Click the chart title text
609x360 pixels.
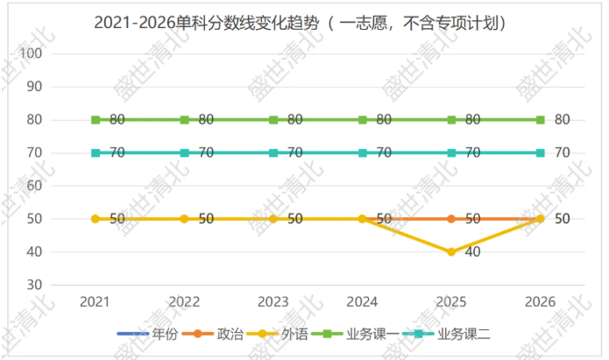(300, 24)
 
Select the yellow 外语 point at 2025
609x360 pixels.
(451, 252)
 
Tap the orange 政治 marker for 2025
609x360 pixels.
(451, 219)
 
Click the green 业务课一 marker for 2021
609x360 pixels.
(96, 120)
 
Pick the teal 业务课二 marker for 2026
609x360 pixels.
(541, 153)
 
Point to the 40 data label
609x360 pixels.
(472, 252)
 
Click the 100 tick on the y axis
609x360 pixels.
(31, 53)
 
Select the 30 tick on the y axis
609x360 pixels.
(34, 285)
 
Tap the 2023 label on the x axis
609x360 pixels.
(273, 302)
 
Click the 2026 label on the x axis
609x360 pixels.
(541, 302)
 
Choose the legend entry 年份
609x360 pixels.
(148, 334)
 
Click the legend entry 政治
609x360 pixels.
(213, 334)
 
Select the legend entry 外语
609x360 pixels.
(277, 334)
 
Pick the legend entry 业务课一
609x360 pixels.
(356, 334)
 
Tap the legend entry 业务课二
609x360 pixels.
(446, 334)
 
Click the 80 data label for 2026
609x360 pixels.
(562, 120)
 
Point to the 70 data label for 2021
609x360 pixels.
(117, 152)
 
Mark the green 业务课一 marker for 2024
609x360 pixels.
(363, 120)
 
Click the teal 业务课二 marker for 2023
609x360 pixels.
(273, 153)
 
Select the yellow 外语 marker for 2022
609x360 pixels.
(185, 219)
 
